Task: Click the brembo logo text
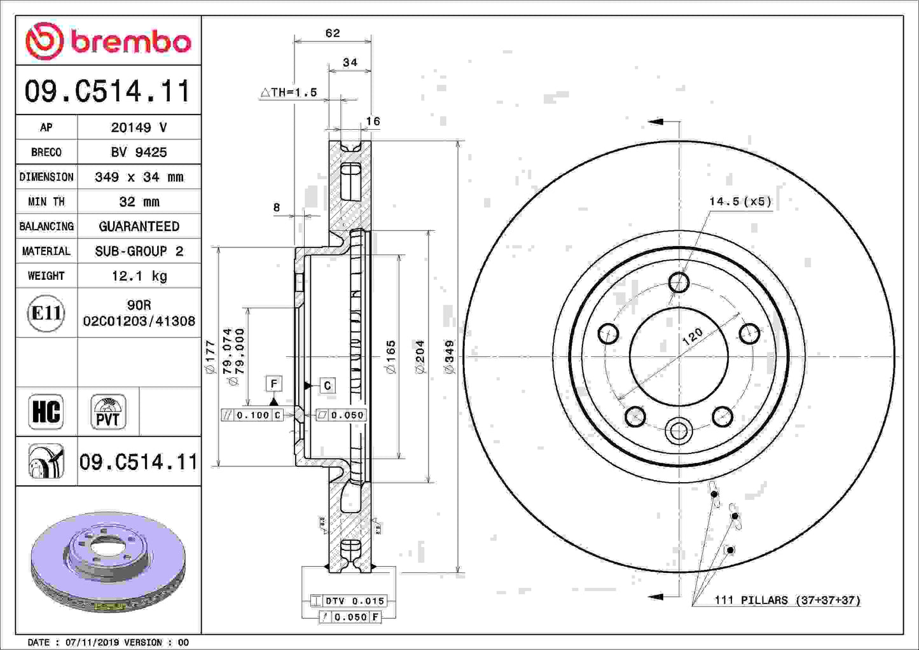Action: [130, 42]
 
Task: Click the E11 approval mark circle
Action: [46, 313]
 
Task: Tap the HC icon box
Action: [46, 411]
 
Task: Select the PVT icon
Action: [108, 412]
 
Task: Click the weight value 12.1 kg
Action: [139, 276]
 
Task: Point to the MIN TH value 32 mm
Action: [139, 202]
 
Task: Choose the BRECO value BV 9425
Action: [139, 152]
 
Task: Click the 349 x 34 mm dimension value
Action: [139, 177]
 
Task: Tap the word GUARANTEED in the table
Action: [139, 226]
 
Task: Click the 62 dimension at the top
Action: [333, 33]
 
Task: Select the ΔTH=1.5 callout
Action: [289, 92]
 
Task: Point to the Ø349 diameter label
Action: [450, 357]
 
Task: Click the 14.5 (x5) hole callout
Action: [740, 202]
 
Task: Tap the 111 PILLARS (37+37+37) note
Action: [787, 600]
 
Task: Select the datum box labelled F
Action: [273, 384]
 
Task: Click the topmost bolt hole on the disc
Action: [679, 282]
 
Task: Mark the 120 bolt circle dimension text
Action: [693, 336]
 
